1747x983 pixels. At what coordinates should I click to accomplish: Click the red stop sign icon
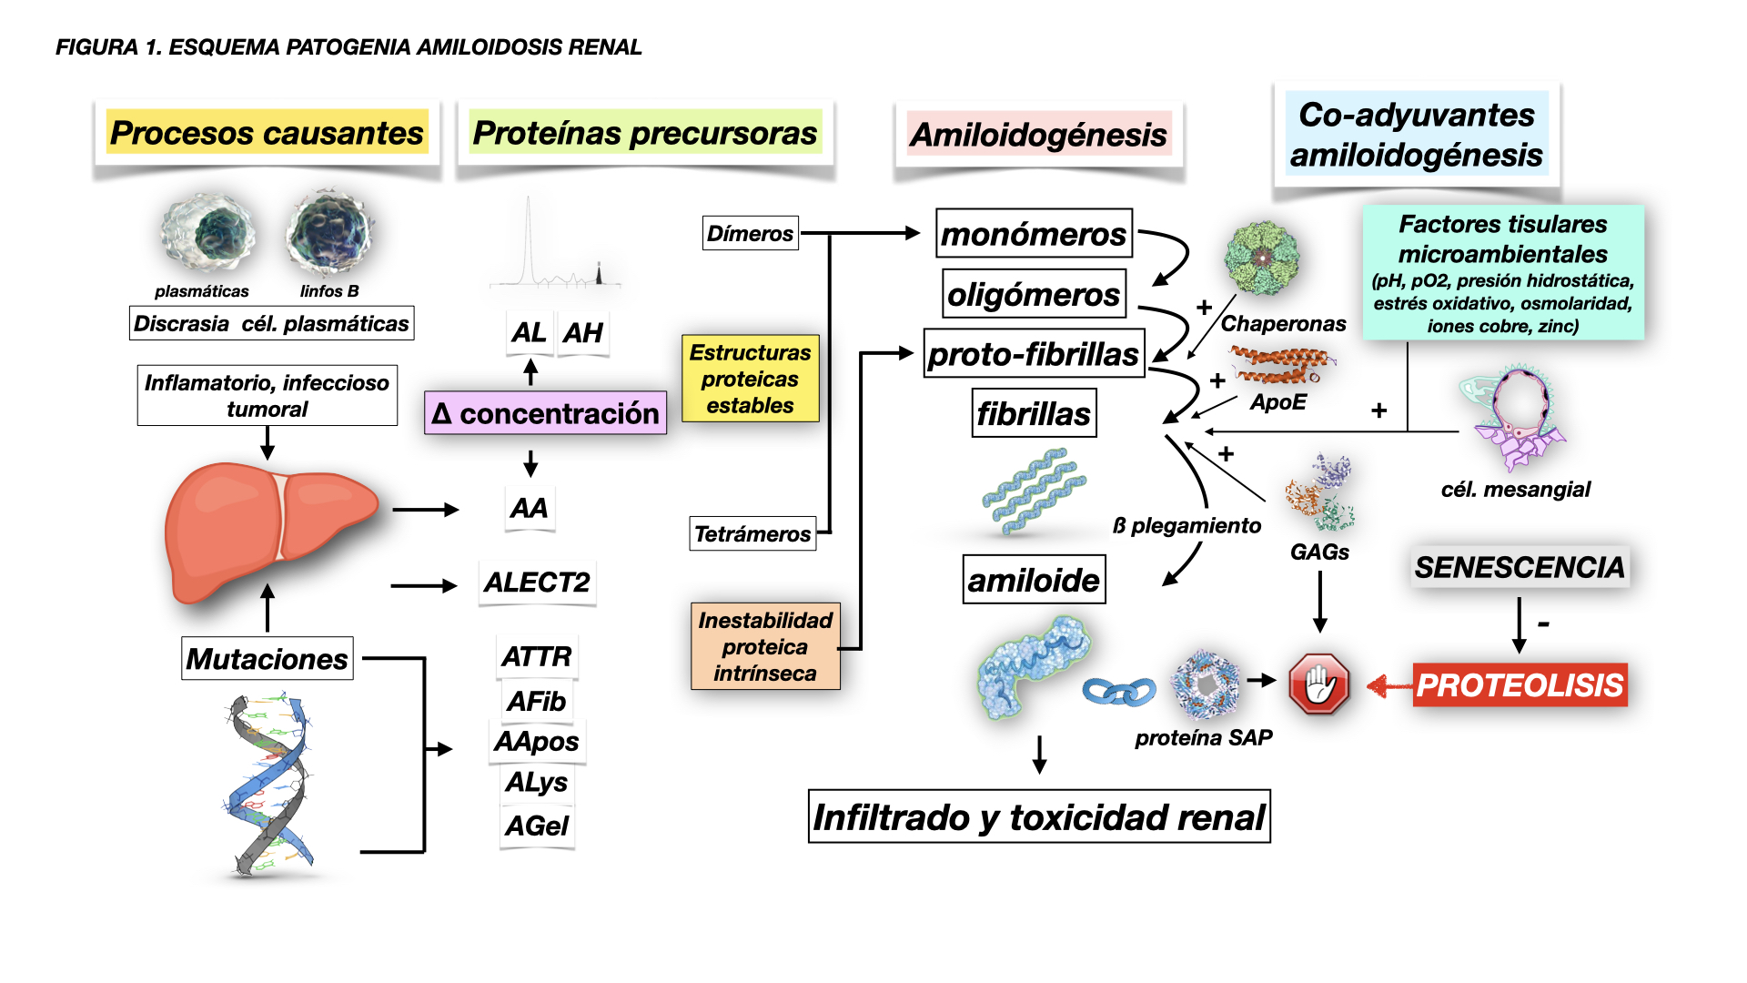[x=1318, y=684]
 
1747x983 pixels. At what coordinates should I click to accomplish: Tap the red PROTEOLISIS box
[x=1520, y=684]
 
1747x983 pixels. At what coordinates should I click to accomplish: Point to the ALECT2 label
[x=537, y=583]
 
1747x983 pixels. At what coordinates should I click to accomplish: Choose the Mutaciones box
[x=267, y=658]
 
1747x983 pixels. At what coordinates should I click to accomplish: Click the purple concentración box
[x=545, y=413]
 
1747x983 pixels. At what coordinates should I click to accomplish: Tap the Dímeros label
[x=750, y=234]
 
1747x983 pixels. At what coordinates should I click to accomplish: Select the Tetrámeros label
[x=752, y=533]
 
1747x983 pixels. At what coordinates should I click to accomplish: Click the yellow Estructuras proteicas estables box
[x=750, y=379]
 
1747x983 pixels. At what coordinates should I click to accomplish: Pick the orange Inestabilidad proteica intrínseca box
[x=764, y=646]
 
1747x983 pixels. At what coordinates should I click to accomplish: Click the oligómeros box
[x=1034, y=294]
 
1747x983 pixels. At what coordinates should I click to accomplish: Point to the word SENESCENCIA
[x=1519, y=567]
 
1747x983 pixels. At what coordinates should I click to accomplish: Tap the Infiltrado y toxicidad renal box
[x=1039, y=816]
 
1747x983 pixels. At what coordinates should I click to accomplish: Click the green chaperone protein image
[x=1261, y=258]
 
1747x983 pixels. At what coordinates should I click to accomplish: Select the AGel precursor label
[x=537, y=826]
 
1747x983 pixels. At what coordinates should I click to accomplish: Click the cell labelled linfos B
[x=328, y=234]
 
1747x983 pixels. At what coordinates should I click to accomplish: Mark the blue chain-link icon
[x=1118, y=692]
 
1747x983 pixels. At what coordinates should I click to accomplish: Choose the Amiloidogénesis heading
[x=1038, y=135]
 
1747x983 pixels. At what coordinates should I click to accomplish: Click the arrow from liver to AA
[x=425, y=510]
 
